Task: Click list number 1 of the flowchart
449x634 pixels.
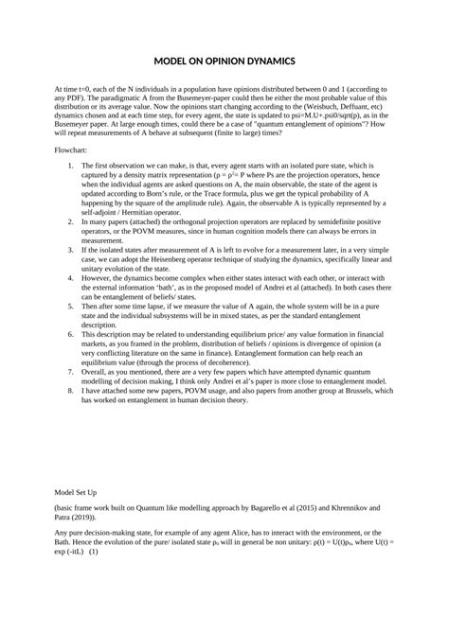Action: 72,165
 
